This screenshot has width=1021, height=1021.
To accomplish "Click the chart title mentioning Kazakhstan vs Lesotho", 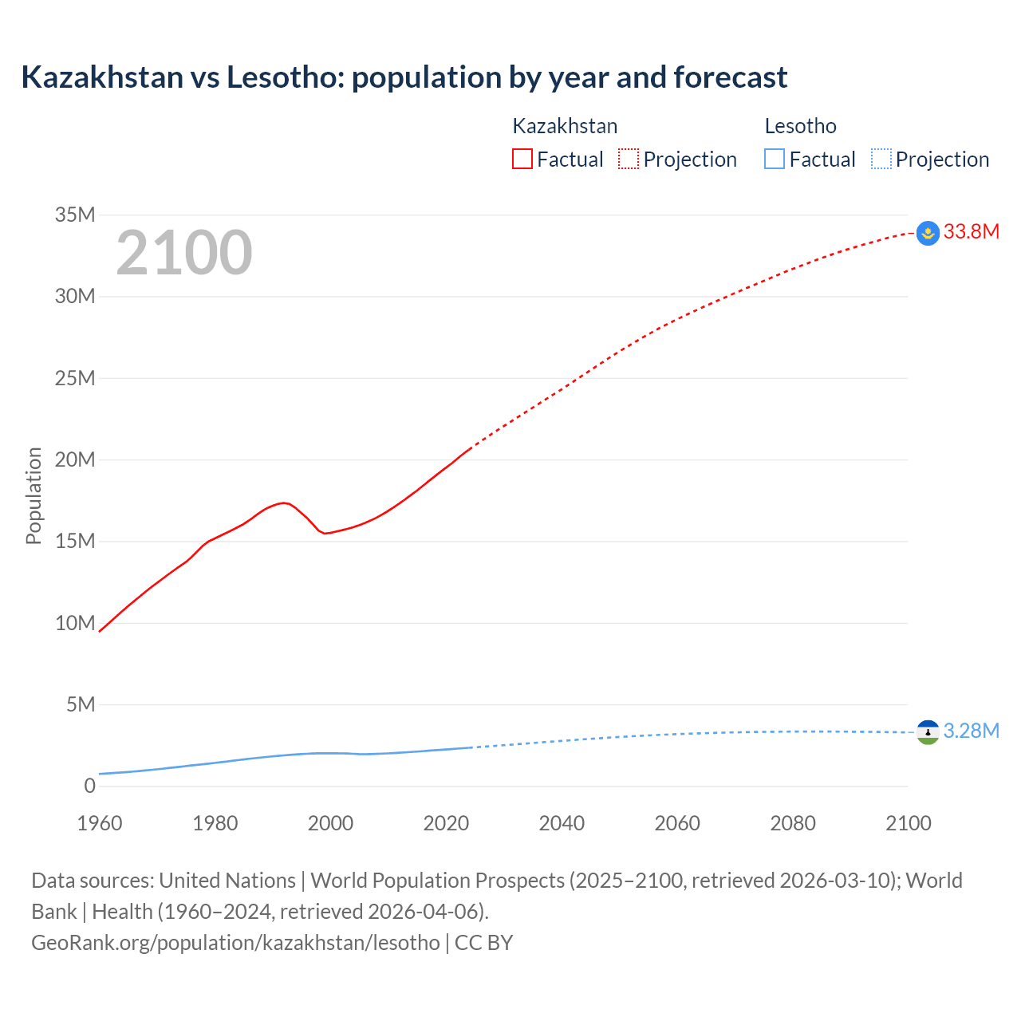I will (x=404, y=77).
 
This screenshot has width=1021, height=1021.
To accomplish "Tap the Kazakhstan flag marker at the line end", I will (x=928, y=233).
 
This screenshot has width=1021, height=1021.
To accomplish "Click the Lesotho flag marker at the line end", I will (x=928, y=731).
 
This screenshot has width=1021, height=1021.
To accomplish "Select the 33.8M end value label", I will (x=971, y=232).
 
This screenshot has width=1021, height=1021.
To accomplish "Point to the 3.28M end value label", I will (x=971, y=731).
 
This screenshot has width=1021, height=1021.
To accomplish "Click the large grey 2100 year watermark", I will (x=184, y=253).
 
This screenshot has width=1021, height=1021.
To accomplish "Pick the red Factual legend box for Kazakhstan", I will (x=522, y=160).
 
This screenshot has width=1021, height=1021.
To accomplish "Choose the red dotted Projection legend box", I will (x=629, y=160).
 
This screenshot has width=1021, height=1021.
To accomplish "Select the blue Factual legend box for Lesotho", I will (x=775, y=160).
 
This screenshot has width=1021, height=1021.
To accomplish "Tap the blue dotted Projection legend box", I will (x=881, y=160).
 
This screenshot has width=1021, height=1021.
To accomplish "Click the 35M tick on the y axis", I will (x=75, y=215).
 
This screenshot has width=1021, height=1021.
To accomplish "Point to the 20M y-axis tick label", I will (x=75, y=460).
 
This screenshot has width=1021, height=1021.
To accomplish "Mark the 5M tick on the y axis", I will (x=81, y=705).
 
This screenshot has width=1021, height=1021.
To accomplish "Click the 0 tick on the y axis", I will (x=89, y=786).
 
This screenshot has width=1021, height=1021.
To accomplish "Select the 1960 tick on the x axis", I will (x=100, y=823).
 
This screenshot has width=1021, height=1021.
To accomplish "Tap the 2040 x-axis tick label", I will (x=562, y=823).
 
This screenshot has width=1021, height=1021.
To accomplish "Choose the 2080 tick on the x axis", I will (x=793, y=823).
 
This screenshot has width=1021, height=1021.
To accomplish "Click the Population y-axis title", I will (x=34, y=496).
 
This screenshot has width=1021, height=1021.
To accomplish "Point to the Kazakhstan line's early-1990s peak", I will (x=284, y=503).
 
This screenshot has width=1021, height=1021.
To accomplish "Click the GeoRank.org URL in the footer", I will (x=235, y=943).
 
